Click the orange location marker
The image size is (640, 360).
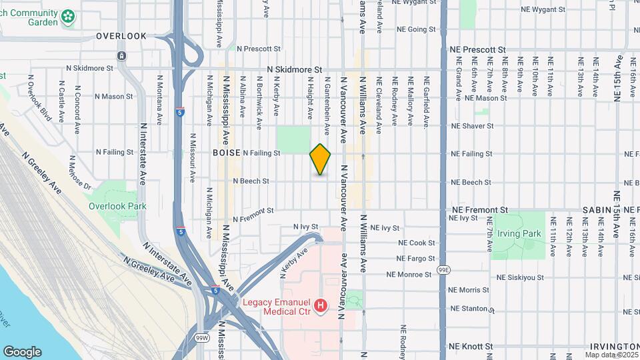point(321,159)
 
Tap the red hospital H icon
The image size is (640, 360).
point(321,306)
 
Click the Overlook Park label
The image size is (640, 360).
point(117,206)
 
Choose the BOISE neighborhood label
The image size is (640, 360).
point(227,153)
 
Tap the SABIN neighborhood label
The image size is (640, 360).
point(597,210)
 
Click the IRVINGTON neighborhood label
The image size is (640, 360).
point(614,347)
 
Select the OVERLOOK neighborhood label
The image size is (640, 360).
point(121,36)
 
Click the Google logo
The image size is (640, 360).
point(22,352)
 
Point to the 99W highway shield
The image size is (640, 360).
point(202,339)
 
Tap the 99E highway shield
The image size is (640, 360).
point(445,269)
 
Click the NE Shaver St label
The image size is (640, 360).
point(472,125)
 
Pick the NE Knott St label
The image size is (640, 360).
point(471,347)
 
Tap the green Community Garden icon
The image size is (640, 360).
point(67,17)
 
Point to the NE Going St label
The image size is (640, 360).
point(416,29)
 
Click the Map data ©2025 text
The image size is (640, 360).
point(611,354)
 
